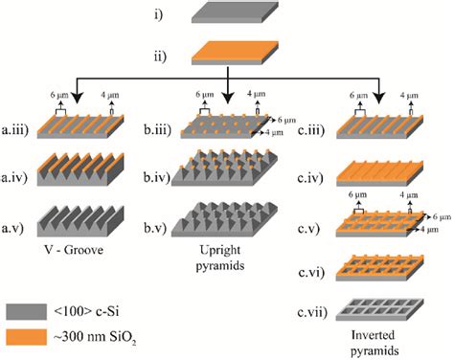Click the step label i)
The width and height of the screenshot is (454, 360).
tap(159, 14)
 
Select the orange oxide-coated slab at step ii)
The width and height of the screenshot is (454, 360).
tap(235, 53)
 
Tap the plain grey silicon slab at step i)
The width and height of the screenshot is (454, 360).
tap(235, 12)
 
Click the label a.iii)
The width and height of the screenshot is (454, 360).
tap(15, 130)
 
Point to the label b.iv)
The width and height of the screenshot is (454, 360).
tap(156, 177)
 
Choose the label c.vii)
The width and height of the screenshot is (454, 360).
tap(312, 312)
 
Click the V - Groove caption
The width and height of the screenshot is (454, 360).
tap(74, 249)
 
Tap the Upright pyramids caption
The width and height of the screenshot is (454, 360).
tap(220, 258)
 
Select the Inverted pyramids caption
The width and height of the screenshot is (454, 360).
tap(375, 343)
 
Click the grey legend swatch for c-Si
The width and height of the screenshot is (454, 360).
tap(27, 311)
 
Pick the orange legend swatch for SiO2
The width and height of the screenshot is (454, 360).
tap(27, 337)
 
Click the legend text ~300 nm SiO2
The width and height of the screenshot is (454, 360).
tap(95, 338)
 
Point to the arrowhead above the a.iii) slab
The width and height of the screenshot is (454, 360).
tap(77, 99)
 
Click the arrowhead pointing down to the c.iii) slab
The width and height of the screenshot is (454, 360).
tap(379, 99)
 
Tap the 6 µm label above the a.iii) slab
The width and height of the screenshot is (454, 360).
tap(59, 95)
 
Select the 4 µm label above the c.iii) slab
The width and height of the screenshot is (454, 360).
tap(409, 96)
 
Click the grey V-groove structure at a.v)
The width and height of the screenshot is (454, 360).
tap(80, 221)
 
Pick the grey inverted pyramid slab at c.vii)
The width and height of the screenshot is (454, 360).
tap(379, 309)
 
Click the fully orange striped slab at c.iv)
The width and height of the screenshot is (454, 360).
tap(379, 173)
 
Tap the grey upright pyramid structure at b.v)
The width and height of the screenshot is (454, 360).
tap(224, 219)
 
